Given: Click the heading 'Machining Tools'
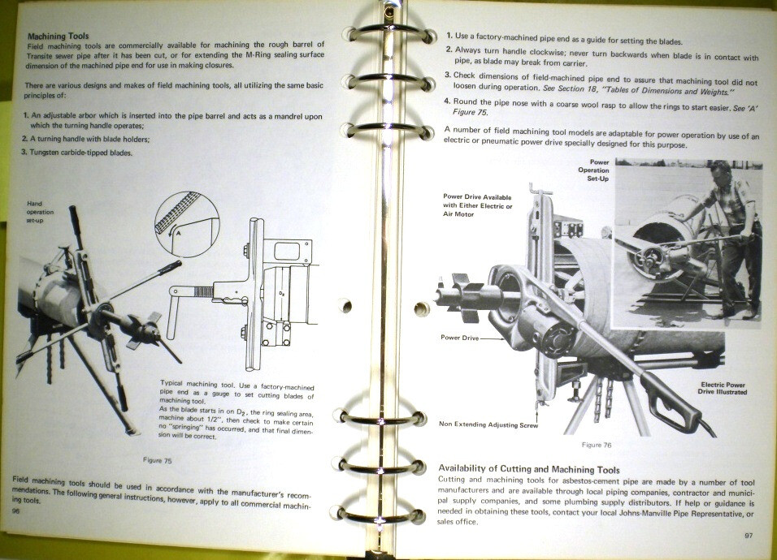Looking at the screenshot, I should (x=58, y=37).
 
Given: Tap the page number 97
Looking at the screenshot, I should (x=749, y=536).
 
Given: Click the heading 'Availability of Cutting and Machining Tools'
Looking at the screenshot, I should (x=528, y=469).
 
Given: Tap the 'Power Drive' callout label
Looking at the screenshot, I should (x=460, y=338).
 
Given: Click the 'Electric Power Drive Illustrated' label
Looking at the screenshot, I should (x=723, y=388).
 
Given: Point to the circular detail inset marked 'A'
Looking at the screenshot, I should (x=186, y=216).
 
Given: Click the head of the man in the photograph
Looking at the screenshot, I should (x=720, y=175).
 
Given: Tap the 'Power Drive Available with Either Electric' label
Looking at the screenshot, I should (x=478, y=205).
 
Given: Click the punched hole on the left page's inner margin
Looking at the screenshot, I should (x=345, y=307).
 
